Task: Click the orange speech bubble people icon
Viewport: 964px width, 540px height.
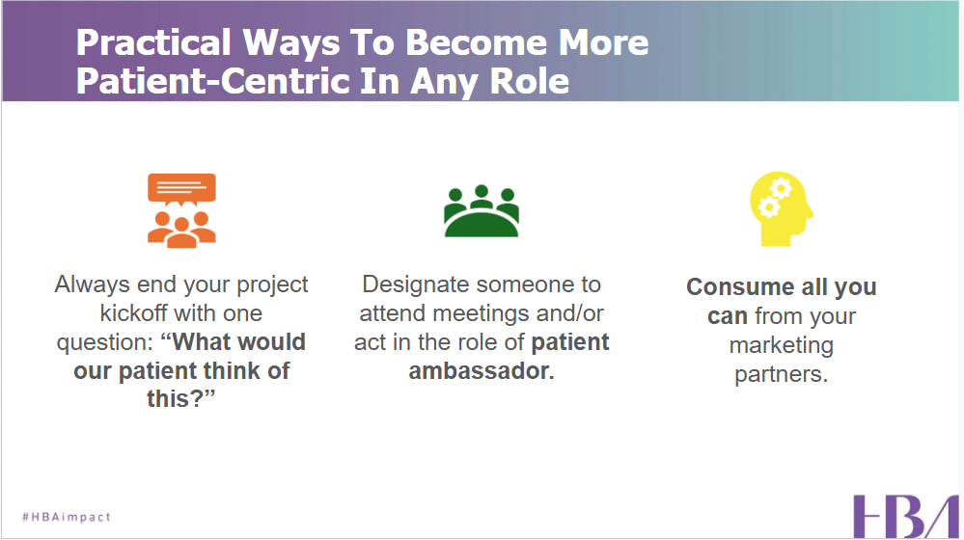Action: pyautogui.click(x=181, y=210)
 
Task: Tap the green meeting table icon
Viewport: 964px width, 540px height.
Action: pyautogui.click(x=481, y=210)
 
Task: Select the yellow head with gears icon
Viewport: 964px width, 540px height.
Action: pyautogui.click(x=781, y=206)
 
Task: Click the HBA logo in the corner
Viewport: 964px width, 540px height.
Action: pyautogui.click(x=904, y=516)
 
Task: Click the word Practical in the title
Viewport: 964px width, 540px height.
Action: pyautogui.click(x=153, y=43)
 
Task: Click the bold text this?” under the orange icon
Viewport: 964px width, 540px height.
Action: pyautogui.click(x=180, y=399)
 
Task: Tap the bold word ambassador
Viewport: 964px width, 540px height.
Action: pyautogui.click(x=481, y=370)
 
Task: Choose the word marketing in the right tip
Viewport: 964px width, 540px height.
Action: pyautogui.click(x=781, y=345)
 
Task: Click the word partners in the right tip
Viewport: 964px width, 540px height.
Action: pyautogui.click(x=781, y=374)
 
